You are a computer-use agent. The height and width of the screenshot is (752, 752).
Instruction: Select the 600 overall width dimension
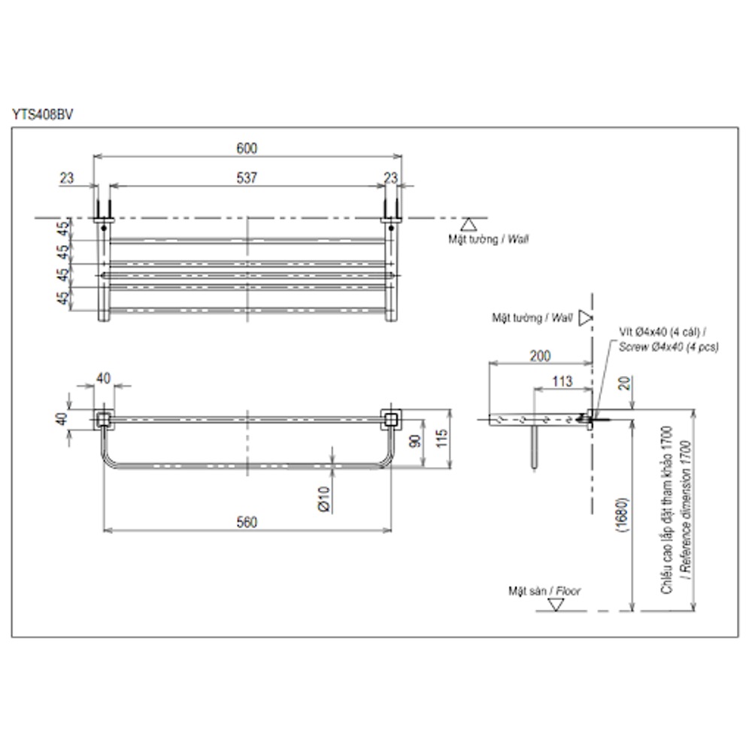(x=247, y=148)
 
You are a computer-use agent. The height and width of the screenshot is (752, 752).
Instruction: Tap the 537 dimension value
(x=247, y=178)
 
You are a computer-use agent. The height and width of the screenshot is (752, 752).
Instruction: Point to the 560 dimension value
(x=247, y=522)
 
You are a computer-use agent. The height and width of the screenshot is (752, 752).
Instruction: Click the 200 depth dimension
(x=539, y=356)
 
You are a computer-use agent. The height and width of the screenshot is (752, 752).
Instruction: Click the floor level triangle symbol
(x=556, y=604)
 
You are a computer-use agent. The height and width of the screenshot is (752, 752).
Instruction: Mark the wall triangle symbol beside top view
(x=469, y=224)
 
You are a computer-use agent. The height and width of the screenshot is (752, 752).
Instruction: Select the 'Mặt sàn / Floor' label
(x=544, y=591)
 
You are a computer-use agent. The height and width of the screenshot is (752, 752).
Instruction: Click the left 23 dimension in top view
(x=67, y=178)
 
